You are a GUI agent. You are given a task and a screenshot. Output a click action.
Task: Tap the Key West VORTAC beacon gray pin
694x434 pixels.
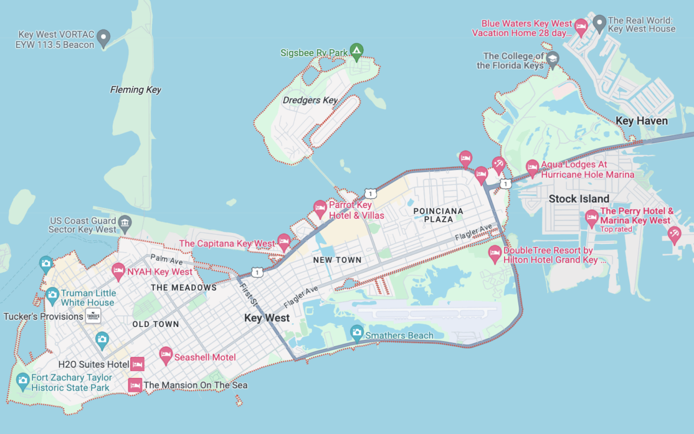[104, 38]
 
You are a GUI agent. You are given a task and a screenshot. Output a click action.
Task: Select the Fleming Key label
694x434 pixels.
[135, 90]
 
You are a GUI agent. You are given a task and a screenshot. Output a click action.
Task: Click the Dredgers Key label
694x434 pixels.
[310, 100]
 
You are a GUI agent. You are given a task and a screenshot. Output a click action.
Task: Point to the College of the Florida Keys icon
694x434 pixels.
[553, 58]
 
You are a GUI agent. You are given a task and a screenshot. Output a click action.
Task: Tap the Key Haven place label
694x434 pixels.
[642, 121]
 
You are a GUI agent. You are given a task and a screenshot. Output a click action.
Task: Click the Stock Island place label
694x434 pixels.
[579, 199]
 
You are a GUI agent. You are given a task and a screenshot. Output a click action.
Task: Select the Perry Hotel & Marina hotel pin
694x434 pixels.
[591, 218]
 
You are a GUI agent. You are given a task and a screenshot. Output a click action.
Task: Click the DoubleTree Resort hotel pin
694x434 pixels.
[494, 252]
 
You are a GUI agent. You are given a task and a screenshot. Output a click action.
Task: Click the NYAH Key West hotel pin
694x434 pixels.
[118, 269]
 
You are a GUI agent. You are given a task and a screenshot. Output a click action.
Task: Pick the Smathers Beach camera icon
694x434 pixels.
[357, 332]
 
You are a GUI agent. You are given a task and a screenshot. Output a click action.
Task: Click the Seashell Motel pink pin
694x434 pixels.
[166, 354]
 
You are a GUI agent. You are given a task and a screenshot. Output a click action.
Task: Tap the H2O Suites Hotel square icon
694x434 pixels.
[137, 364]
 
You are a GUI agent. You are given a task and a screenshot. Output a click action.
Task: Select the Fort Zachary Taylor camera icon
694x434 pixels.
[23, 380]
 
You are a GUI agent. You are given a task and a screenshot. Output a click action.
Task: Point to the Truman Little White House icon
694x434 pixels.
[52, 294]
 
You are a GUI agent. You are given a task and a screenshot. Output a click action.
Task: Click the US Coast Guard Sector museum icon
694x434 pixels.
[124, 222]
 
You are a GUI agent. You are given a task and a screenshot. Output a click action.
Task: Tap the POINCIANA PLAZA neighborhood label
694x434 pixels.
[438, 216]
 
